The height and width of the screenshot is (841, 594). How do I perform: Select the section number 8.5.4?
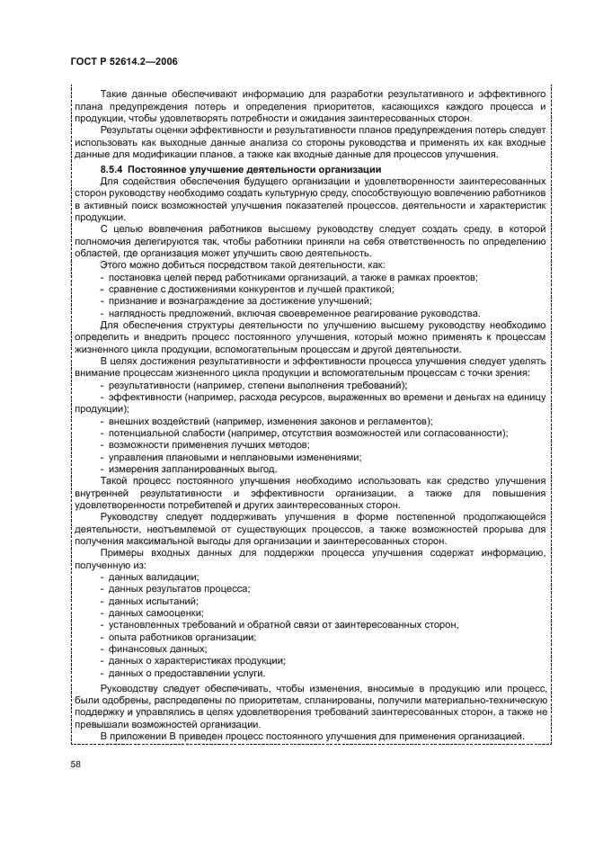click(x=113, y=169)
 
